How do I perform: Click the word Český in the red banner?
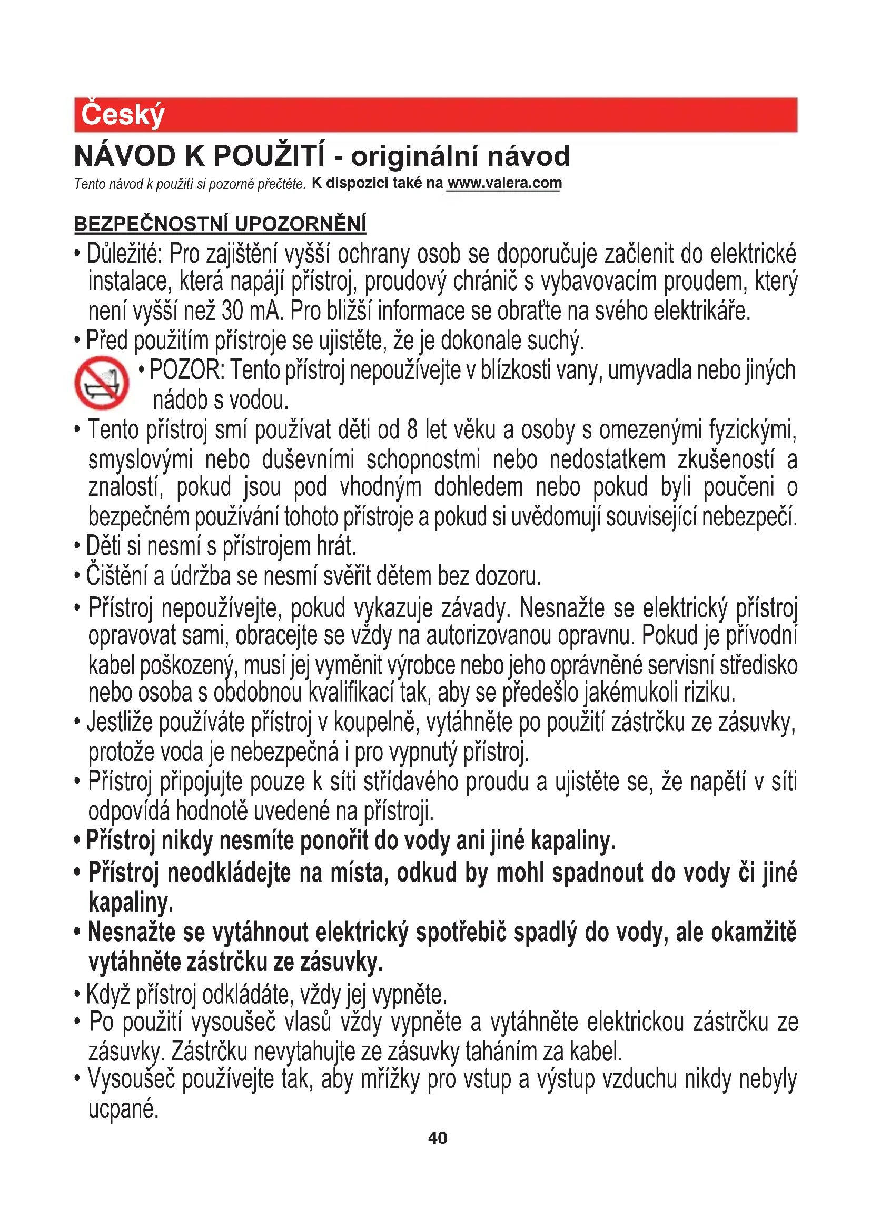pos(122,115)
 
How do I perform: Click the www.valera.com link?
pos(504,183)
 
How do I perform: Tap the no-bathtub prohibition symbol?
pos(101,383)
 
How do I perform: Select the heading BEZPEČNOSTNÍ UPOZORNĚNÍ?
pos(220,224)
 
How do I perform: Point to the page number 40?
pos(437,1138)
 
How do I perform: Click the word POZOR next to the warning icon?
pos(185,371)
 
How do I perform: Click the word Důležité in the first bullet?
pos(124,254)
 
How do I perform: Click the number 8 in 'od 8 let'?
pos(412,430)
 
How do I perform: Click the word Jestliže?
pos(120,722)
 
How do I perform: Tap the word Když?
pos(108,995)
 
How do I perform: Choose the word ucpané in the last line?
pos(123,1108)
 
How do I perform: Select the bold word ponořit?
pos(333,840)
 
